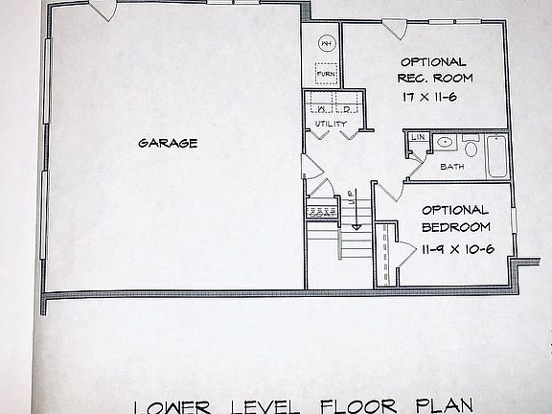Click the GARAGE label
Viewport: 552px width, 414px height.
pos(168,144)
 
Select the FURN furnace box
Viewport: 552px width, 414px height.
pos(326,74)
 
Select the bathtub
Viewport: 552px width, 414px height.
pos(496,156)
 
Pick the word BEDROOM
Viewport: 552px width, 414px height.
pos(455,228)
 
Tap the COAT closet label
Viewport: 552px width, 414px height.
pos(321,215)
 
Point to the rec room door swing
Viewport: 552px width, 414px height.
pos(391,28)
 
